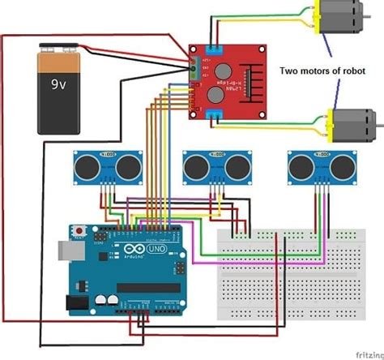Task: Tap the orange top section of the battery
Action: [x=59, y=58]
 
